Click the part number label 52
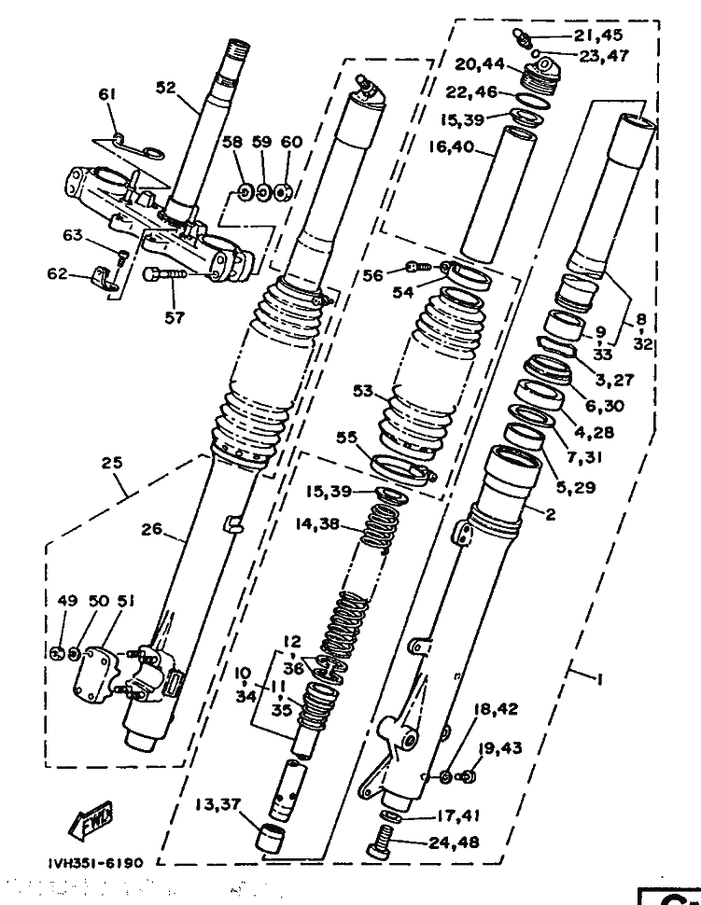click(166, 88)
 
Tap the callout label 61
click(108, 94)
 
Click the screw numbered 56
click(420, 267)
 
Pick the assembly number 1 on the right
click(598, 679)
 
